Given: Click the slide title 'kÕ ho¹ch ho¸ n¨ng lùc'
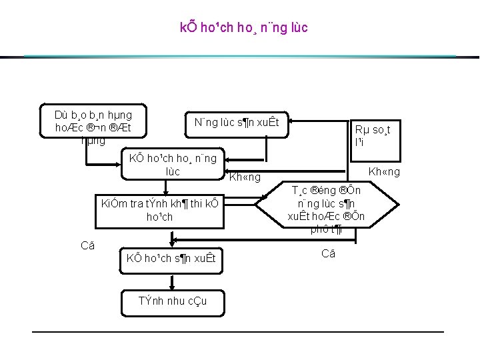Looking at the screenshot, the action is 243,29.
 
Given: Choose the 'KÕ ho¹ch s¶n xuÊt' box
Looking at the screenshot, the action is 173,259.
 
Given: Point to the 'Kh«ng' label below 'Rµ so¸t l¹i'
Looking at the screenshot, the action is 385,172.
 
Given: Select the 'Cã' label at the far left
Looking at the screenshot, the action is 87,245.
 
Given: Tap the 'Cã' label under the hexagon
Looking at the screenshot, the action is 329,253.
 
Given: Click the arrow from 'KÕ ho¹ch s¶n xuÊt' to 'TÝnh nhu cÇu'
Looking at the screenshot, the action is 173,280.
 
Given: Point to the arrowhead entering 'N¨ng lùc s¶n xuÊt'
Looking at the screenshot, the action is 294,121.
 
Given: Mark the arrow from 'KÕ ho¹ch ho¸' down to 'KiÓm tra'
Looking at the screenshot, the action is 173,187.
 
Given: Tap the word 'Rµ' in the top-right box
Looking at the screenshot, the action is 361,130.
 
